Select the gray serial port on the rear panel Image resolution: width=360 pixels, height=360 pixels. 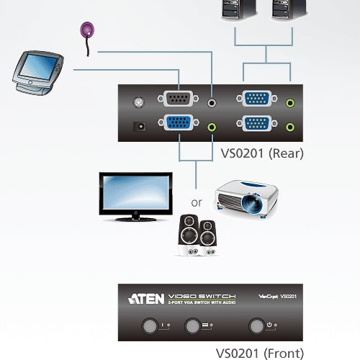click(x=179, y=99)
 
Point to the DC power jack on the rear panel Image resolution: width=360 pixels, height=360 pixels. click(x=140, y=127)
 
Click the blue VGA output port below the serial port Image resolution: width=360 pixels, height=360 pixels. click(x=179, y=124)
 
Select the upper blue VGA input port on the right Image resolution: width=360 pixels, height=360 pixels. click(x=257, y=100)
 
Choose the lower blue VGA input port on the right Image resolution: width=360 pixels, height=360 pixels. click(x=257, y=124)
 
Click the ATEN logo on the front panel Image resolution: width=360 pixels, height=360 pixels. click(x=146, y=297)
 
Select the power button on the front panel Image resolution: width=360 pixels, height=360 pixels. click(x=256, y=325)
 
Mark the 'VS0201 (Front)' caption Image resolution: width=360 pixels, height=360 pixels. click(x=260, y=353)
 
